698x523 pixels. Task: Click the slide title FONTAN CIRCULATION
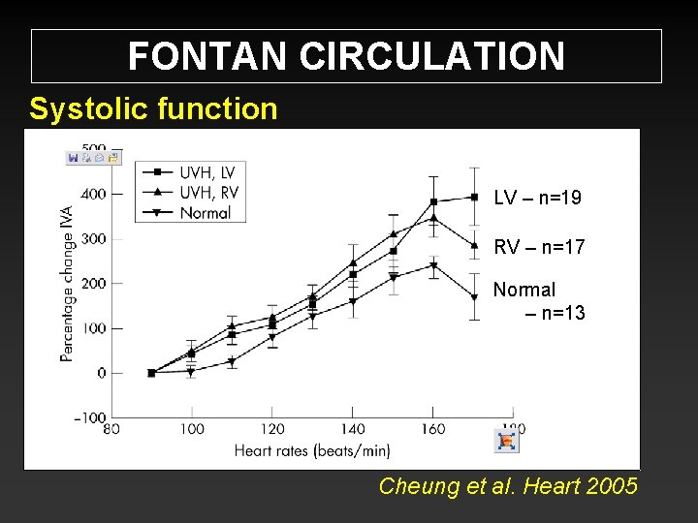pyautogui.click(x=346, y=56)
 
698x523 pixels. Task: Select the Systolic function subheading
pyautogui.click(x=153, y=108)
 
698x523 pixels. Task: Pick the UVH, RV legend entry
pyautogui.click(x=206, y=192)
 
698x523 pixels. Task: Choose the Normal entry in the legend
pyautogui.click(x=205, y=212)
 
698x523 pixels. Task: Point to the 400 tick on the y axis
pyautogui.click(x=94, y=195)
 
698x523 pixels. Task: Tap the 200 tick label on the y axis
pyautogui.click(x=94, y=284)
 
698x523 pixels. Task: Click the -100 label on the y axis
pyautogui.click(x=90, y=417)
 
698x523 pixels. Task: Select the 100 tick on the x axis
pyautogui.click(x=192, y=429)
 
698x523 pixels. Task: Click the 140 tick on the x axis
pyautogui.click(x=353, y=429)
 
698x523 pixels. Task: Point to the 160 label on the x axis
pyautogui.click(x=433, y=429)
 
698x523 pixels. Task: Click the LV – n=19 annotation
pyautogui.click(x=537, y=199)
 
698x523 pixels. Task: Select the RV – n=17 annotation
pyautogui.click(x=539, y=248)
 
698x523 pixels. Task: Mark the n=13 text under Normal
pyautogui.click(x=555, y=312)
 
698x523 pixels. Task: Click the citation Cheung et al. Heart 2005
pyautogui.click(x=508, y=486)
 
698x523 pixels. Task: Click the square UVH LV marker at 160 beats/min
pyautogui.click(x=433, y=201)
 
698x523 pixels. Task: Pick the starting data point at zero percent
pyautogui.click(x=151, y=373)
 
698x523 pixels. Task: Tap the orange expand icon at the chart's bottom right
pyautogui.click(x=507, y=442)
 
